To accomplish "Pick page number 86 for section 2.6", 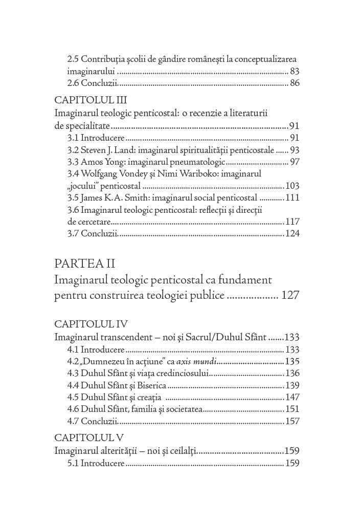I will pyautogui.click(x=294, y=83).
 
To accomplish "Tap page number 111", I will pyautogui.click(x=292, y=198).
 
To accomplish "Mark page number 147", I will pyautogui.click(x=292, y=397).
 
